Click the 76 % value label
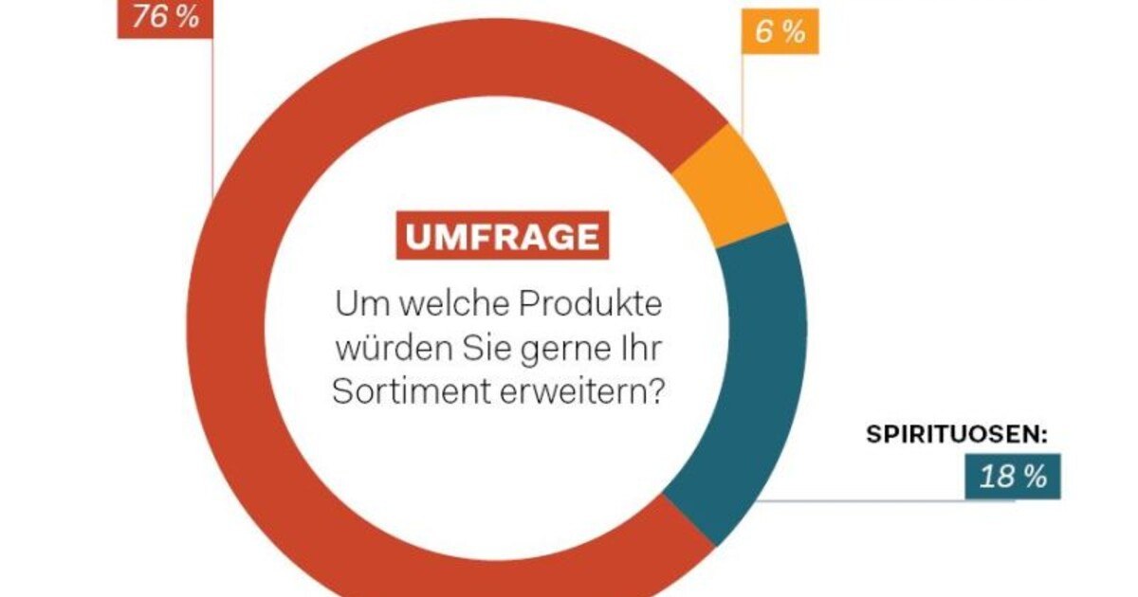point(165,17)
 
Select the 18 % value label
point(1013,477)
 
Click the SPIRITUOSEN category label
point(956,435)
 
